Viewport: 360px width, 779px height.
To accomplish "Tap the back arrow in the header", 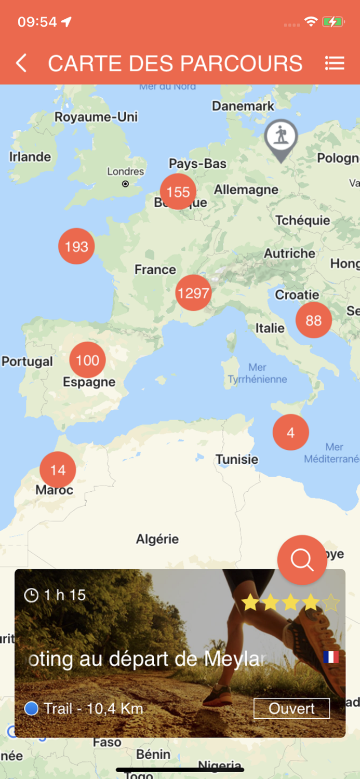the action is [21, 63].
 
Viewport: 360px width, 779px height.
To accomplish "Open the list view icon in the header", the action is [335, 63].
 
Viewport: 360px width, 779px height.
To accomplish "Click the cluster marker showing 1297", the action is [193, 293].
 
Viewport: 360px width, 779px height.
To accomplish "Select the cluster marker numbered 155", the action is [178, 192].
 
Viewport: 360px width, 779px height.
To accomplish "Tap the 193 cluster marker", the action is [76, 246].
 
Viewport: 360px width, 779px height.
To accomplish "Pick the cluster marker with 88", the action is [313, 320].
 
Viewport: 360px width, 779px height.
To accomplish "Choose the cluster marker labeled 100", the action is [87, 360].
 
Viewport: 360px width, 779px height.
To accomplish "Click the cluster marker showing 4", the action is [290, 433].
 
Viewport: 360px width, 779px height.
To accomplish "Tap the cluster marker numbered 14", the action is [58, 470].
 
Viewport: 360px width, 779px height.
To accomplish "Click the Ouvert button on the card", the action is [291, 708].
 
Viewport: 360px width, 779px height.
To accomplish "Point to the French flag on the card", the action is [331, 657].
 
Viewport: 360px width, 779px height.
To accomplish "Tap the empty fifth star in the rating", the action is [330, 603].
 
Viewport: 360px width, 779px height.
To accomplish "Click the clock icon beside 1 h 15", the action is [32, 595].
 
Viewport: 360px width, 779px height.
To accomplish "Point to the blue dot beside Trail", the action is [32, 708].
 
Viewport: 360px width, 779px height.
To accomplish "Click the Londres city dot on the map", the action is [125, 184].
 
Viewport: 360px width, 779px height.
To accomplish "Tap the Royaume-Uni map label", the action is [96, 117].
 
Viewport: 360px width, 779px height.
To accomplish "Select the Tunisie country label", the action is [237, 459].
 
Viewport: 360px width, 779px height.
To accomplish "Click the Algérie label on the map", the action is [157, 539].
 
